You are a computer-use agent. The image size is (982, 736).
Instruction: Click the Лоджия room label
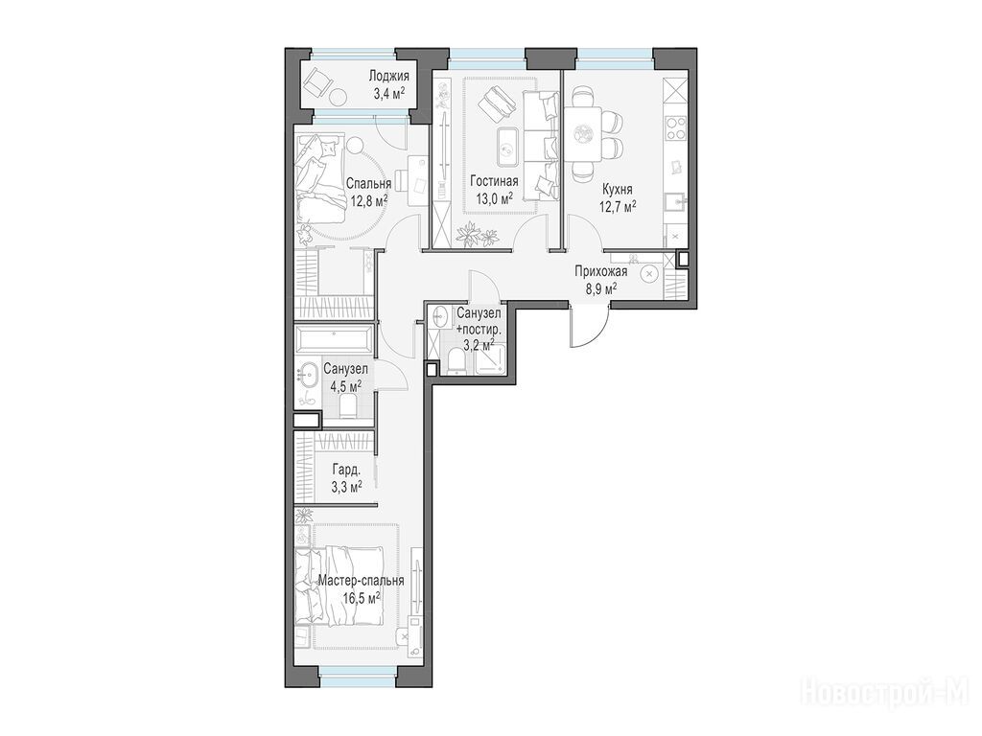[x=388, y=77]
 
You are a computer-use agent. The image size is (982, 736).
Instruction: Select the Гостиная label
[x=494, y=181]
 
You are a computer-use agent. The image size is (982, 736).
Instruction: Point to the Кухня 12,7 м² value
[x=619, y=206]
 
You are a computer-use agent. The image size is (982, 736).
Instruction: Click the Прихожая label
[x=601, y=271]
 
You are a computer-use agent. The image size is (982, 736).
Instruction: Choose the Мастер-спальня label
[x=361, y=581]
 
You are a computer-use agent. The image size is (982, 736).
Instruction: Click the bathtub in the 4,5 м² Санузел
[x=335, y=338]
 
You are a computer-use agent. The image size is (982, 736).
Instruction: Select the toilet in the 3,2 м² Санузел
[x=457, y=361]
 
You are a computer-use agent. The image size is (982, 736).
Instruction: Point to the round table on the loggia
[x=339, y=99]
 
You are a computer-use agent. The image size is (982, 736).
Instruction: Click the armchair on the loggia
[x=318, y=80]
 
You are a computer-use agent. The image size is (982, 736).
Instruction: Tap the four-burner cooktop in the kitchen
[x=675, y=128]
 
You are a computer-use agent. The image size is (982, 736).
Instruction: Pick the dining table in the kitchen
[x=584, y=133]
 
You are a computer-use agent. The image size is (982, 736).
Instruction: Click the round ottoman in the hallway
[x=649, y=274]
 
